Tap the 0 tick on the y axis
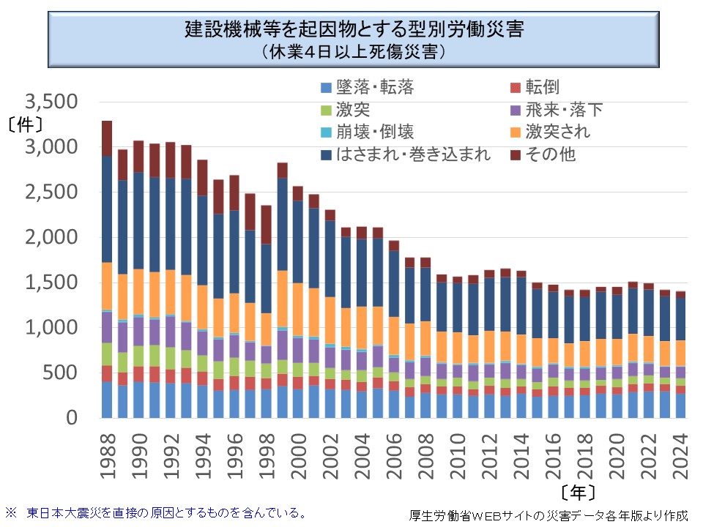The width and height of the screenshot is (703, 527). pyautogui.click(x=81, y=418)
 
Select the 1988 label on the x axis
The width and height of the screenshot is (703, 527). pyautogui.click(x=107, y=452)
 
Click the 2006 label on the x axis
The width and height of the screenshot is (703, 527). pyautogui.click(x=393, y=452)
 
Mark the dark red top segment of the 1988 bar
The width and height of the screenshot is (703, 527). pyautogui.click(x=107, y=138)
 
